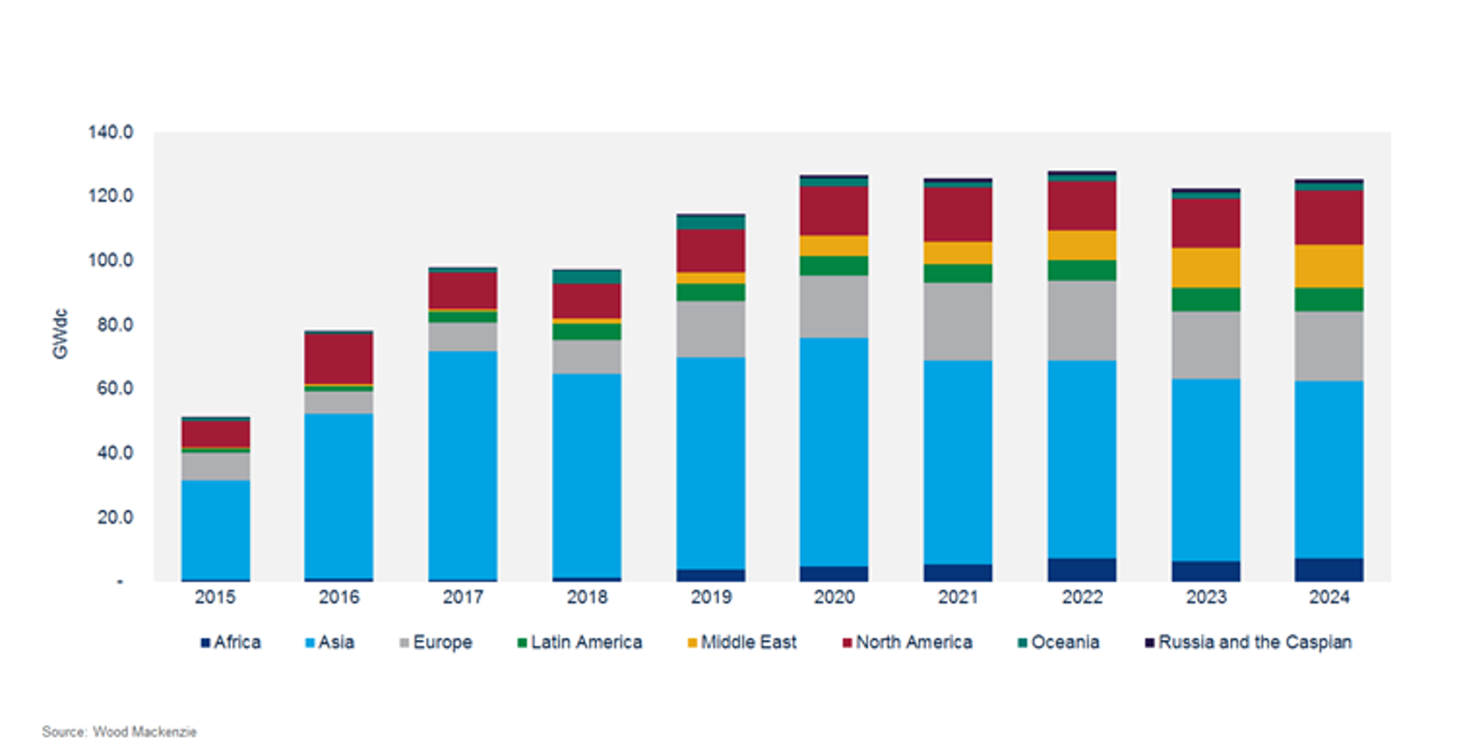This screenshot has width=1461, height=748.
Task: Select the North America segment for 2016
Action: (x=338, y=358)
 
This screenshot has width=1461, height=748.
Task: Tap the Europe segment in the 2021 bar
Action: (x=958, y=322)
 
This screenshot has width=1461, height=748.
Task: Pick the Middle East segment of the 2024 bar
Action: (x=1329, y=266)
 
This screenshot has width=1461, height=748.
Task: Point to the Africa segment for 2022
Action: (x=1082, y=569)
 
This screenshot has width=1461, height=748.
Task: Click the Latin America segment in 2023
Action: (x=1206, y=300)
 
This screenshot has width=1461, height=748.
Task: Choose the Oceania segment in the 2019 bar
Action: (x=711, y=223)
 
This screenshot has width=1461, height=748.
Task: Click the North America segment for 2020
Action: (x=834, y=211)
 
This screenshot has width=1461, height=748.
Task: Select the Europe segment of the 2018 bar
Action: (x=587, y=357)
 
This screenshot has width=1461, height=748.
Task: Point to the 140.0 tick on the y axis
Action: (x=110, y=132)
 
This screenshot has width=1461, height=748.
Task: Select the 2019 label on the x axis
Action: (x=711, y=597)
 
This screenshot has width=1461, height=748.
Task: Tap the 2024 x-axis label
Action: (x=1329, y=597)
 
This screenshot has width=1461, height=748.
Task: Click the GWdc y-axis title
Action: (x=60, y=334)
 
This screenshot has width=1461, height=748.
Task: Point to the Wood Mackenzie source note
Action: (x=119, y=732)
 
